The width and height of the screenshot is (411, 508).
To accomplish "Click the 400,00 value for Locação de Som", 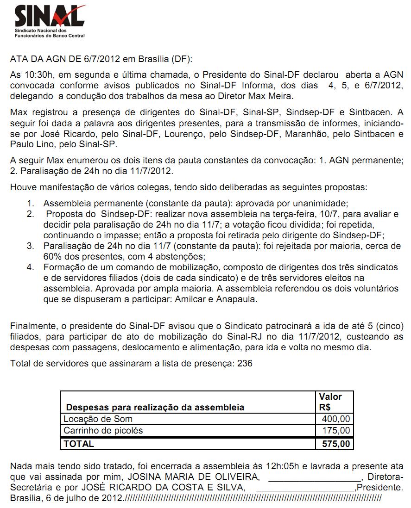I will tap(336, 419).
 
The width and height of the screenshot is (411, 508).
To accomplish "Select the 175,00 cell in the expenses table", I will tap(336, 431).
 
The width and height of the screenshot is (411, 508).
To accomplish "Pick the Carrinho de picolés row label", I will tap(103, 431).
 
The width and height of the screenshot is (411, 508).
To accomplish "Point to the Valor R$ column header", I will tap(330, 402).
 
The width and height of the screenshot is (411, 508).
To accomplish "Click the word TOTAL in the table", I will tap(78, 444).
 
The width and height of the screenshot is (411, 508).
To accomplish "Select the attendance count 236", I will tap(245, 363).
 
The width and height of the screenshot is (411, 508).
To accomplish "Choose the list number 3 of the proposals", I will tap(30, 245).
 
